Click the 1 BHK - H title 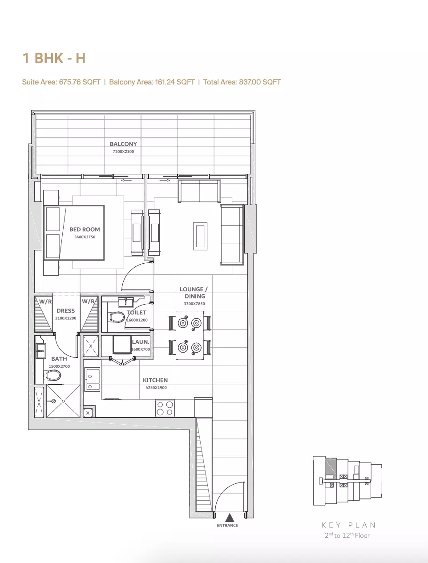coord(54,58)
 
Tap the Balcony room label coord(123,144)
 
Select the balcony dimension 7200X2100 coord(123,152)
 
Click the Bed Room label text coord(85,229)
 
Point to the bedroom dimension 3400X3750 coord(85,237)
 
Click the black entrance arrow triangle coord(230,518)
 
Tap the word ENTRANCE coord(227,525)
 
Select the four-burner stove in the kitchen coord(165,408)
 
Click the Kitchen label coord(155,380)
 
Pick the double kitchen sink coord(93,380)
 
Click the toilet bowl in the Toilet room coord(117,317)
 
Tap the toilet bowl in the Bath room coord(53,376)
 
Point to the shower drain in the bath coord(54,402)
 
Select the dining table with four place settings coord(190,335)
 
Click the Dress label coord(66,310)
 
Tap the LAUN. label coord(140,342)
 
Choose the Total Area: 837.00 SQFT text coord(242,82)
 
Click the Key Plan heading coord(349,525)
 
